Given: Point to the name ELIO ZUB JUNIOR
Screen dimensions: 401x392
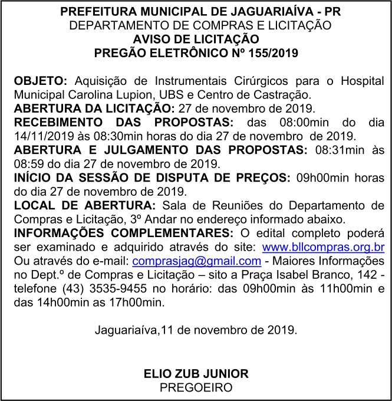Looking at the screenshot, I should point(196,374).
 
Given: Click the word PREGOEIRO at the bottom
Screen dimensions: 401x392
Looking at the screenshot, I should point(196,387).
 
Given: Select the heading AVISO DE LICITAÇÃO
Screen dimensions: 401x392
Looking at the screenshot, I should point(196,39).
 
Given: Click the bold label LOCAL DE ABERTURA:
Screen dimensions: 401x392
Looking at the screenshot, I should point(84,205).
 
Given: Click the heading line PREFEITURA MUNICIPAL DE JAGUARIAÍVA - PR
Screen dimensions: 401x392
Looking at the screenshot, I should point(196,12).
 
